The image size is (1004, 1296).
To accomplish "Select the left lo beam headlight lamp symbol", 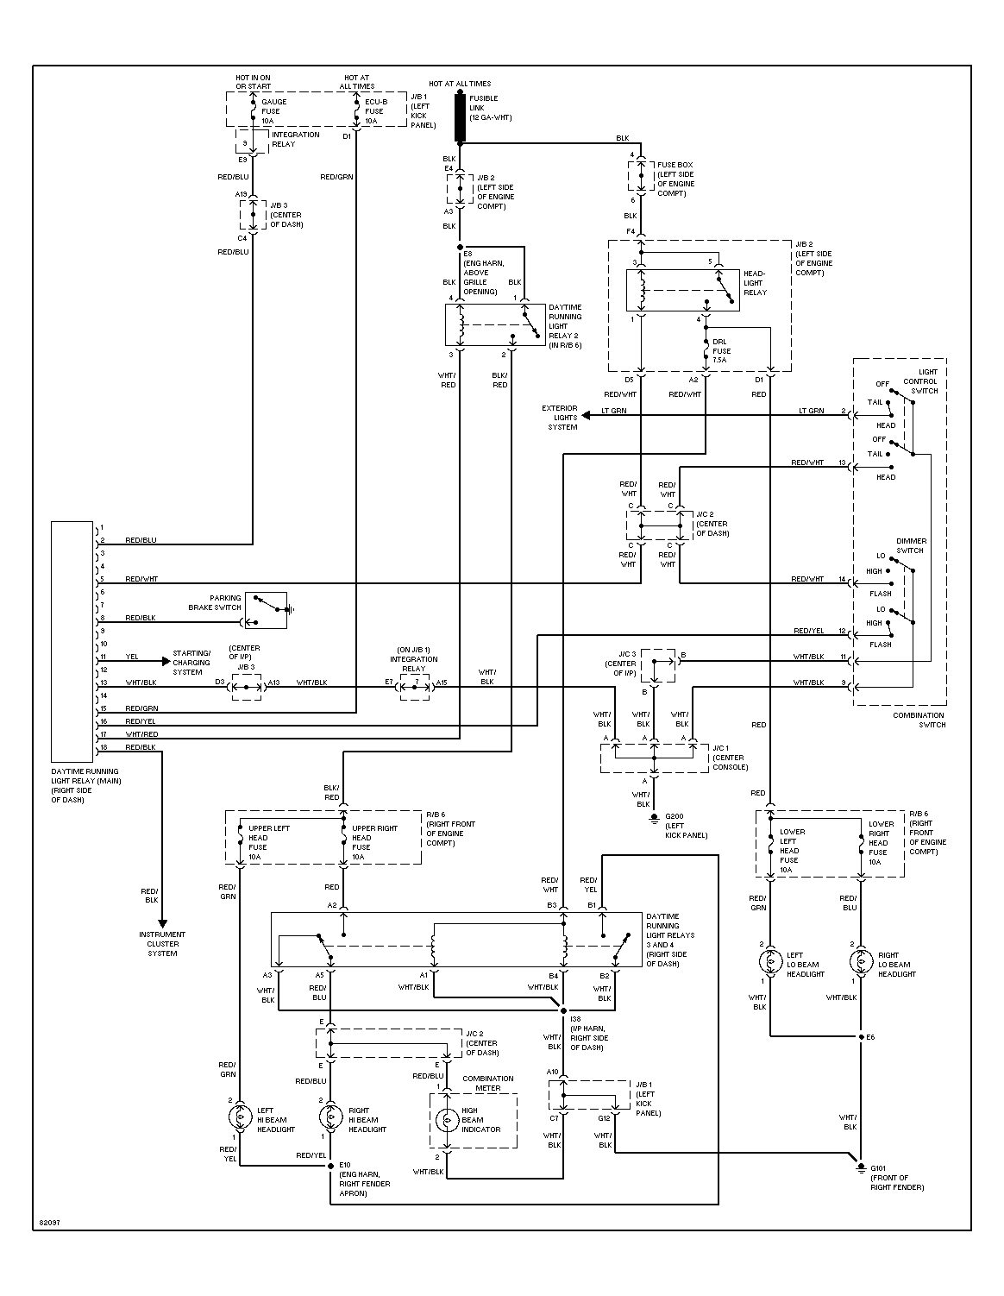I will [x=769, y=961].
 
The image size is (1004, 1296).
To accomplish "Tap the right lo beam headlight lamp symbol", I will [x=861, y=961].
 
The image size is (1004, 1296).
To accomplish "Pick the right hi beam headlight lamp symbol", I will [x=331, y=1118].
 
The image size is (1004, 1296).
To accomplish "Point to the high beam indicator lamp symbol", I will [x=447, y=1120].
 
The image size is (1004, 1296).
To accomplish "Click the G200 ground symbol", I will [x=655, y=816].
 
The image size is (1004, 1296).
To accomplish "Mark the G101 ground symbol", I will [x=861, y=1168].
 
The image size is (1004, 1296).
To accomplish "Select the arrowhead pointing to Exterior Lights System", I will [x=586, y=415].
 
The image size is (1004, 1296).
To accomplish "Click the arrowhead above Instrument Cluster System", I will [x=162, y=923].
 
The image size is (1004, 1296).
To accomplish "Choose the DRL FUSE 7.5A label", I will [x=721, y=351].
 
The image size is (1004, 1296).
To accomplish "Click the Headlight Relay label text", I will [x=754, y=282].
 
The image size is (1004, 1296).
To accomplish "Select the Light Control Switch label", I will [x=919, y=381].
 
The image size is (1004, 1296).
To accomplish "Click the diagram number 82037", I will [x=50, y=1223].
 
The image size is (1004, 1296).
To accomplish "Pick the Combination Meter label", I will [x=487, y=1083].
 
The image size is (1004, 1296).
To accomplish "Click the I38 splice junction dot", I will [x=563, y=1010].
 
